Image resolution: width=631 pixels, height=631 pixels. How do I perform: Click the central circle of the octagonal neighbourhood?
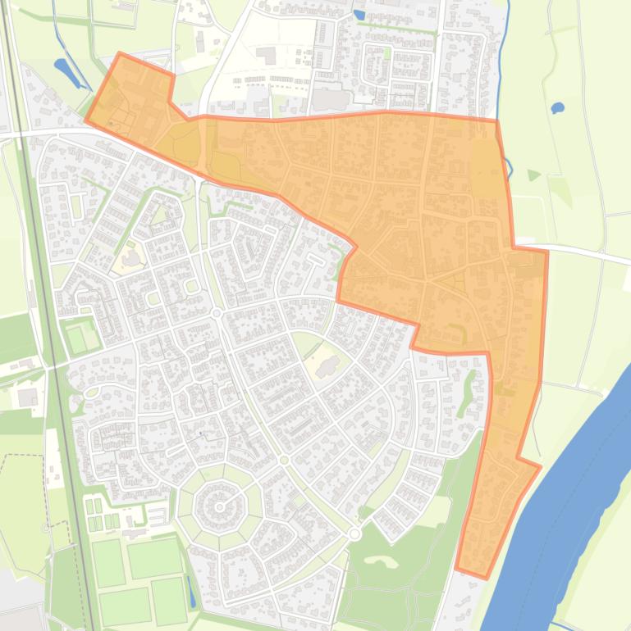[x=220, y=507]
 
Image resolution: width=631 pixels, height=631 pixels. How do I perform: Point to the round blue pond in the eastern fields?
[x=558, y=107]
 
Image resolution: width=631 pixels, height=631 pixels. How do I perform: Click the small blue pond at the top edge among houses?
[x=359, y=14]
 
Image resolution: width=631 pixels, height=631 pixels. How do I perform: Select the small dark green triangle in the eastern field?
[x=533, y=175]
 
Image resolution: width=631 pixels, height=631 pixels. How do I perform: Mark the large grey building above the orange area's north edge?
[x=330, y=99]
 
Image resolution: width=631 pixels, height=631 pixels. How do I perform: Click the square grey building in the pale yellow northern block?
[x=266, y=55]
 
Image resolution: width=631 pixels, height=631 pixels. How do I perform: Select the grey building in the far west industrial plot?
[x=27, y=397]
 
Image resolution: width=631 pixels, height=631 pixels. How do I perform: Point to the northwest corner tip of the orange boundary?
[x=120, y=54]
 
